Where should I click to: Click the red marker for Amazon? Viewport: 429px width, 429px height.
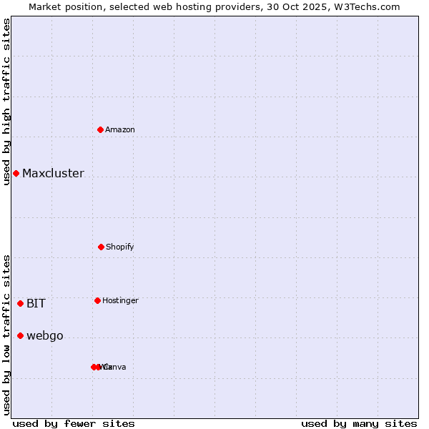coord(101,129)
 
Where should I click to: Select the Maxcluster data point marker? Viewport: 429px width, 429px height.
coord(16,174)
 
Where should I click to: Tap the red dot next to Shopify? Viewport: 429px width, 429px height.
coord(101,247)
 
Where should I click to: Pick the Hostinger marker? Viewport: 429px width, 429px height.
coord(97,300)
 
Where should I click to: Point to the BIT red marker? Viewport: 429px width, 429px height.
coord(20,303)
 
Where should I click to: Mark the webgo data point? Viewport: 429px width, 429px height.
coord(20,336)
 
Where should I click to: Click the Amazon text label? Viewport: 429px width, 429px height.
coord(120,129)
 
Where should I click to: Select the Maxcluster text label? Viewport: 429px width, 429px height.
coord(53,174)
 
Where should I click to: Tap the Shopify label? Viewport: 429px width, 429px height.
coord(120,247)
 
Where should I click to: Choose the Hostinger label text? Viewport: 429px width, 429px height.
coord(120,300)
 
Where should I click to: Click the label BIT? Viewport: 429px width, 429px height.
coord(36,303)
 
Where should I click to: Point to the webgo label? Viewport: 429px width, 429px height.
coord(45,336)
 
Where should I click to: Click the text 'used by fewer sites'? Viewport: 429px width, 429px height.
coord(74,423)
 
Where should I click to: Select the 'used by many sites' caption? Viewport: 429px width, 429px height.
coord(359,423)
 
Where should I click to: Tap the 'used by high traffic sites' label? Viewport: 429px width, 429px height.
coord(6,102)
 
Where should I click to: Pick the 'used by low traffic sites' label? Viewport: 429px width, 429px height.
coord(6,335)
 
